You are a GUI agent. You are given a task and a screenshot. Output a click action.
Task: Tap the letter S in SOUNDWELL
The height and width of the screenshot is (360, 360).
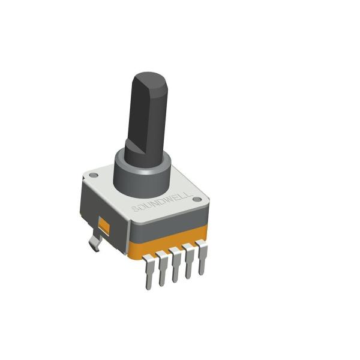coord(136,209)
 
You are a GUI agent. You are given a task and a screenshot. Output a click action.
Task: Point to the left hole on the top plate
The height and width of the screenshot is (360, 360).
coord(93,176)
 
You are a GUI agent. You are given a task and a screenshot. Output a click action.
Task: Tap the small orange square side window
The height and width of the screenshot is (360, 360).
coord(104,226)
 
